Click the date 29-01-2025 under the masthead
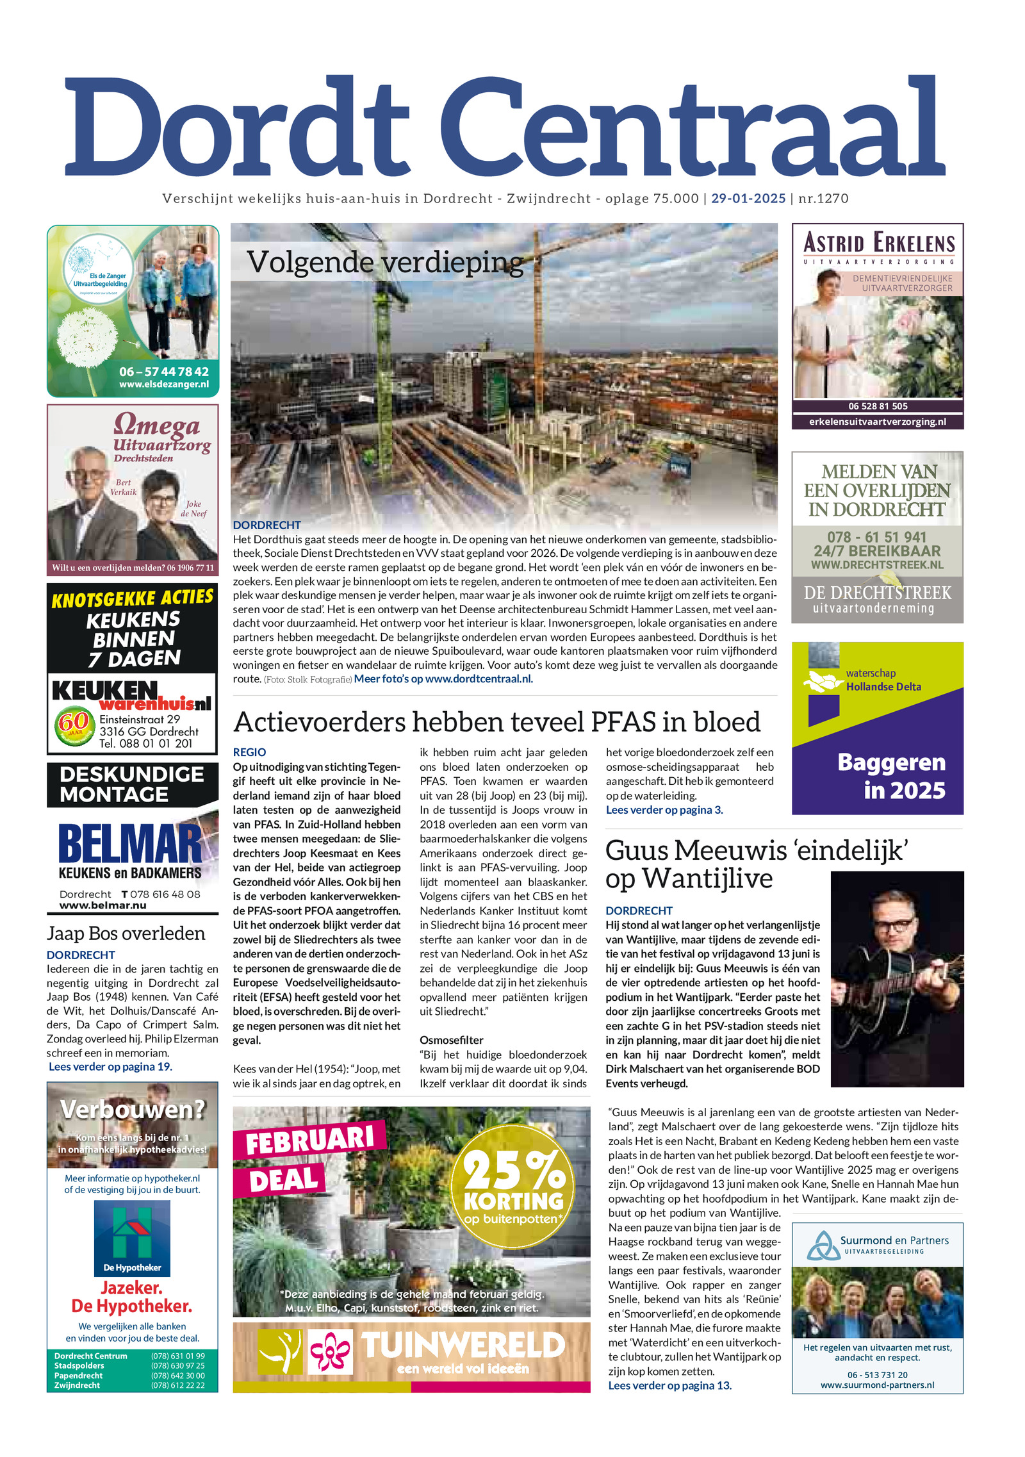(x=748, y=199)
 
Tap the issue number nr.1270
(x=823, y=199)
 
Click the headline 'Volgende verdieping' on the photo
(x=385, y=262)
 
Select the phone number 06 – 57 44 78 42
(x=164, y=372)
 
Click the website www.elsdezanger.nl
(x=164, y=384)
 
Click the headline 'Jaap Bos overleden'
(x=126, y=934)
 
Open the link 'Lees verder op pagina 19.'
(x=110, y=1067)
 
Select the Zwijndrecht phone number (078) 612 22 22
(x=177, y=1385)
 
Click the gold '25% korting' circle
(x=513, y=1187)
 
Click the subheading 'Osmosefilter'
(x=451, y=1040)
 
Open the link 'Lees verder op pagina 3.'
(x=664, y=810)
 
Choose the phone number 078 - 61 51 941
(x=876, y=537)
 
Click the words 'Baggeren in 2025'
(x=891, y=776)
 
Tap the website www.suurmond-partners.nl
(x=877, y=1385)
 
